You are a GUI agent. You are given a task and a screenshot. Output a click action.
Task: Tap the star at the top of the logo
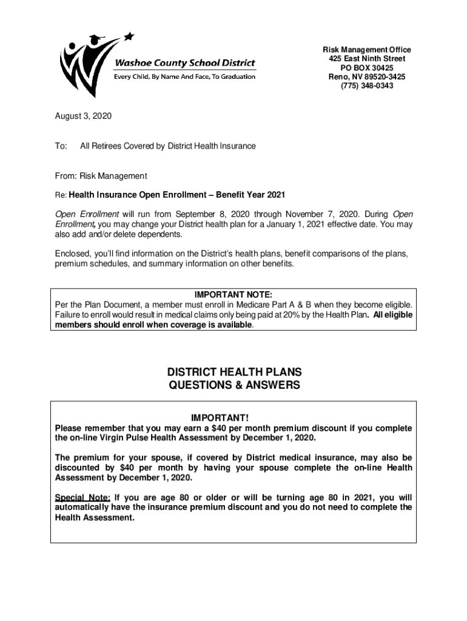(128, 36)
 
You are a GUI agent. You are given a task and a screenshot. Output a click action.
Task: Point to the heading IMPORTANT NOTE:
(233, 295)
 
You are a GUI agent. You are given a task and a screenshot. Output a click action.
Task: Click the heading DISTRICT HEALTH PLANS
(234, 372)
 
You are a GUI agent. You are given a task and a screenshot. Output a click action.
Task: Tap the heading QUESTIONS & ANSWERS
(234, 386)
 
